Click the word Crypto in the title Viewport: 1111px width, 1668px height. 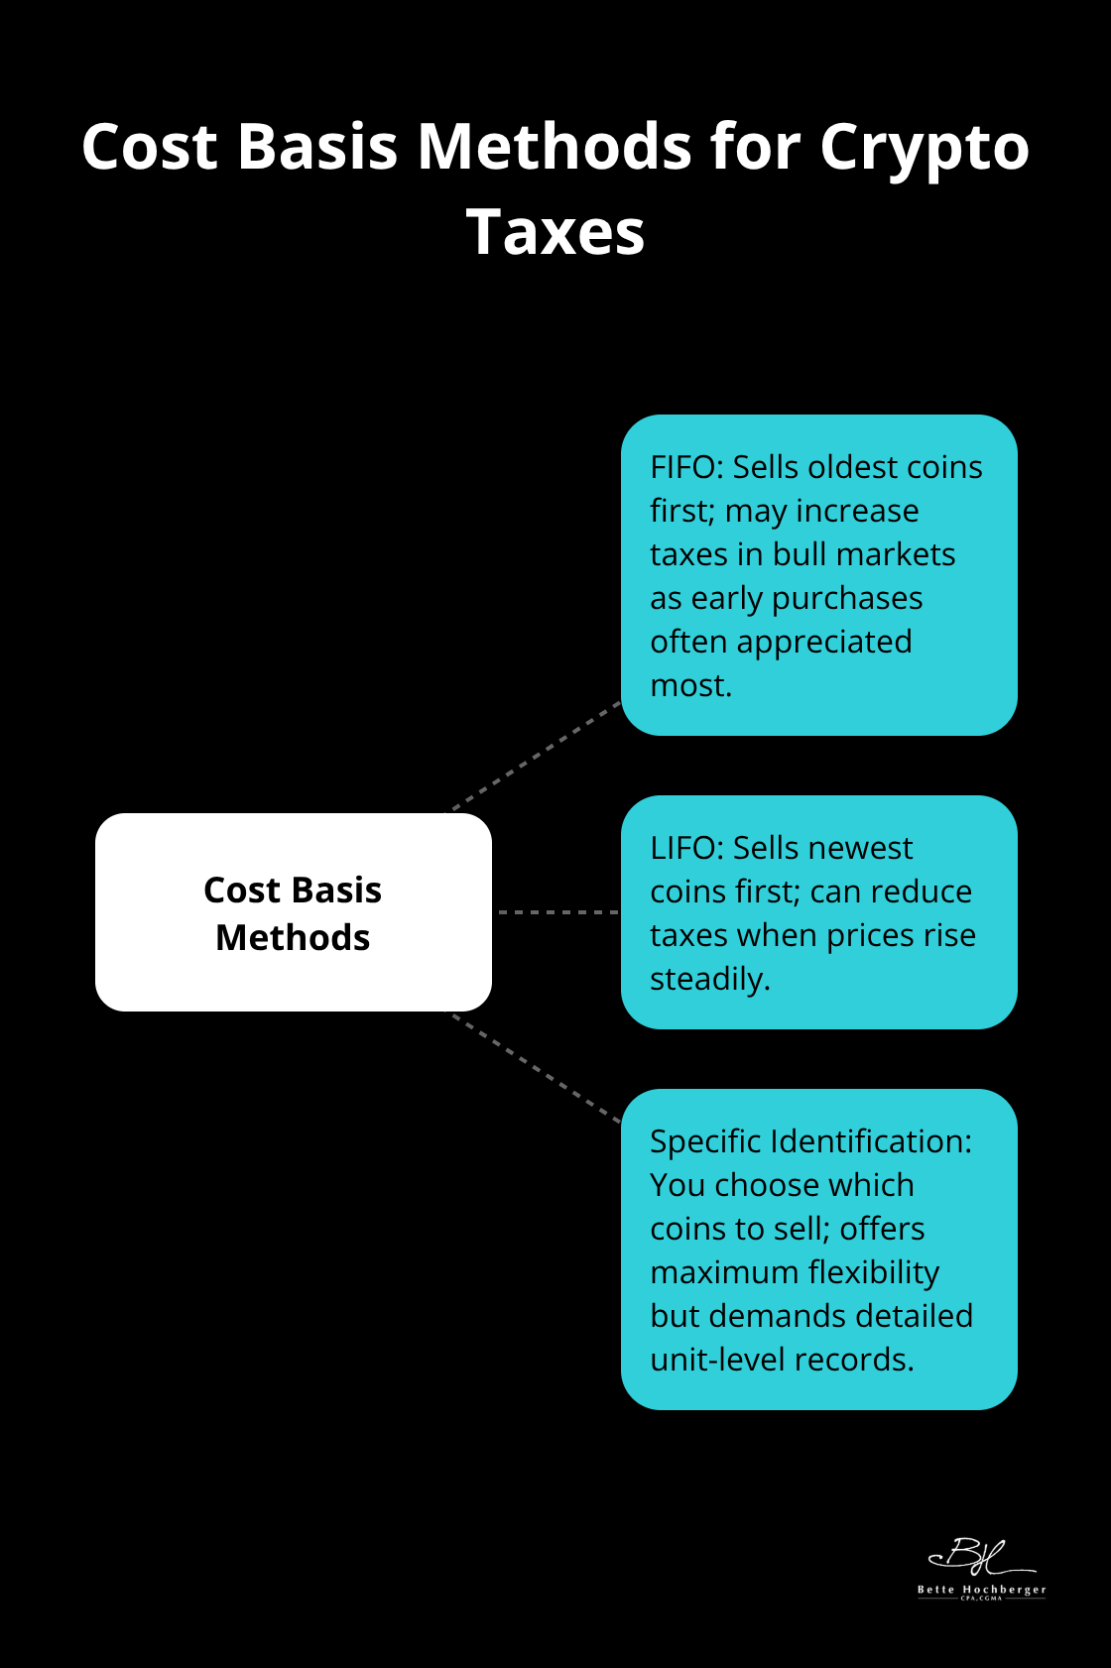point(924,149)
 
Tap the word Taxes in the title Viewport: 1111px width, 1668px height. point(555,234)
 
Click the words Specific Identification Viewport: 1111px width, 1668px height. point(808,1141)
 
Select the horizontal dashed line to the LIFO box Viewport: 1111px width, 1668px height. point(556,911)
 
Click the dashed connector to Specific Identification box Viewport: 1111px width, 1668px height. point(537,1068)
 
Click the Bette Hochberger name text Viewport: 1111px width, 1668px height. point(981,1590)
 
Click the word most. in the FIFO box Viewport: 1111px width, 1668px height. point(690,685)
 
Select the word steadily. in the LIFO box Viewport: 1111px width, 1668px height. point(709,979)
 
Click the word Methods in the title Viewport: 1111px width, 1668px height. point(555,149)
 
